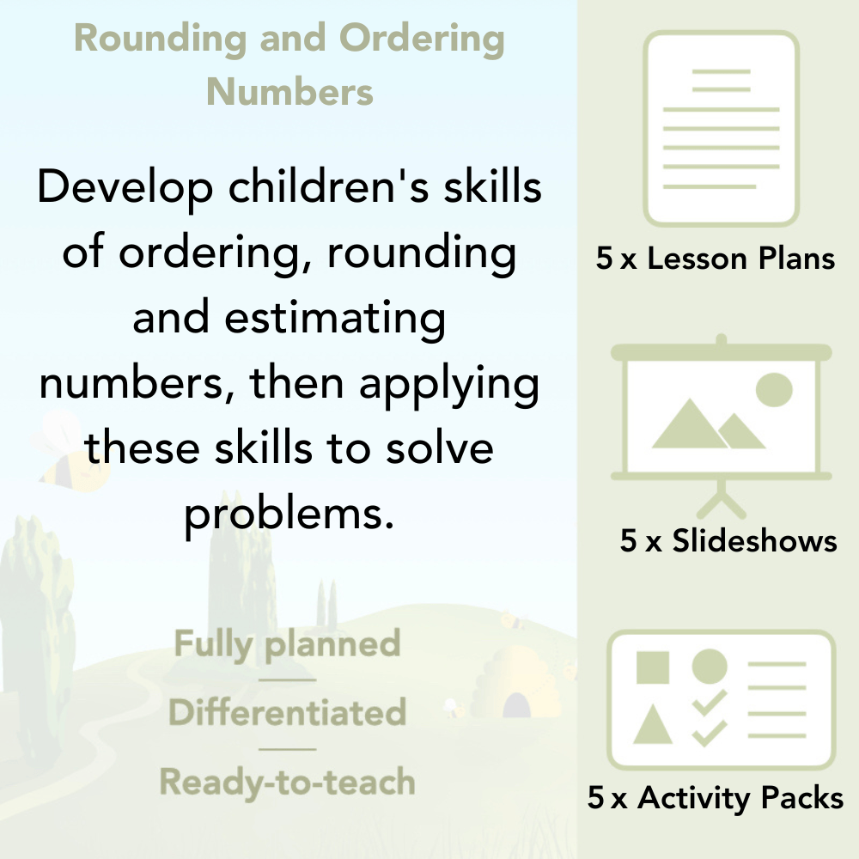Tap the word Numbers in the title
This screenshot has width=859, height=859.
[289, 91]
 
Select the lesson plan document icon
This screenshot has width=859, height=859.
[722, 129]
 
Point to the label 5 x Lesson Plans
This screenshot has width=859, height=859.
[716, 259]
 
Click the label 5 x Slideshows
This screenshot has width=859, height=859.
[728, 540]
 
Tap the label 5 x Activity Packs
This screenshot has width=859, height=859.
[716, 798]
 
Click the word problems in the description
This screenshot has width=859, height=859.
[283, 514]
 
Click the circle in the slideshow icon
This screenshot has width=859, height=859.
[774, 388]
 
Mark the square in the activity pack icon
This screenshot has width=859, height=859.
[653, 667]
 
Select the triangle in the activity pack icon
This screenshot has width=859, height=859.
[653, 726]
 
